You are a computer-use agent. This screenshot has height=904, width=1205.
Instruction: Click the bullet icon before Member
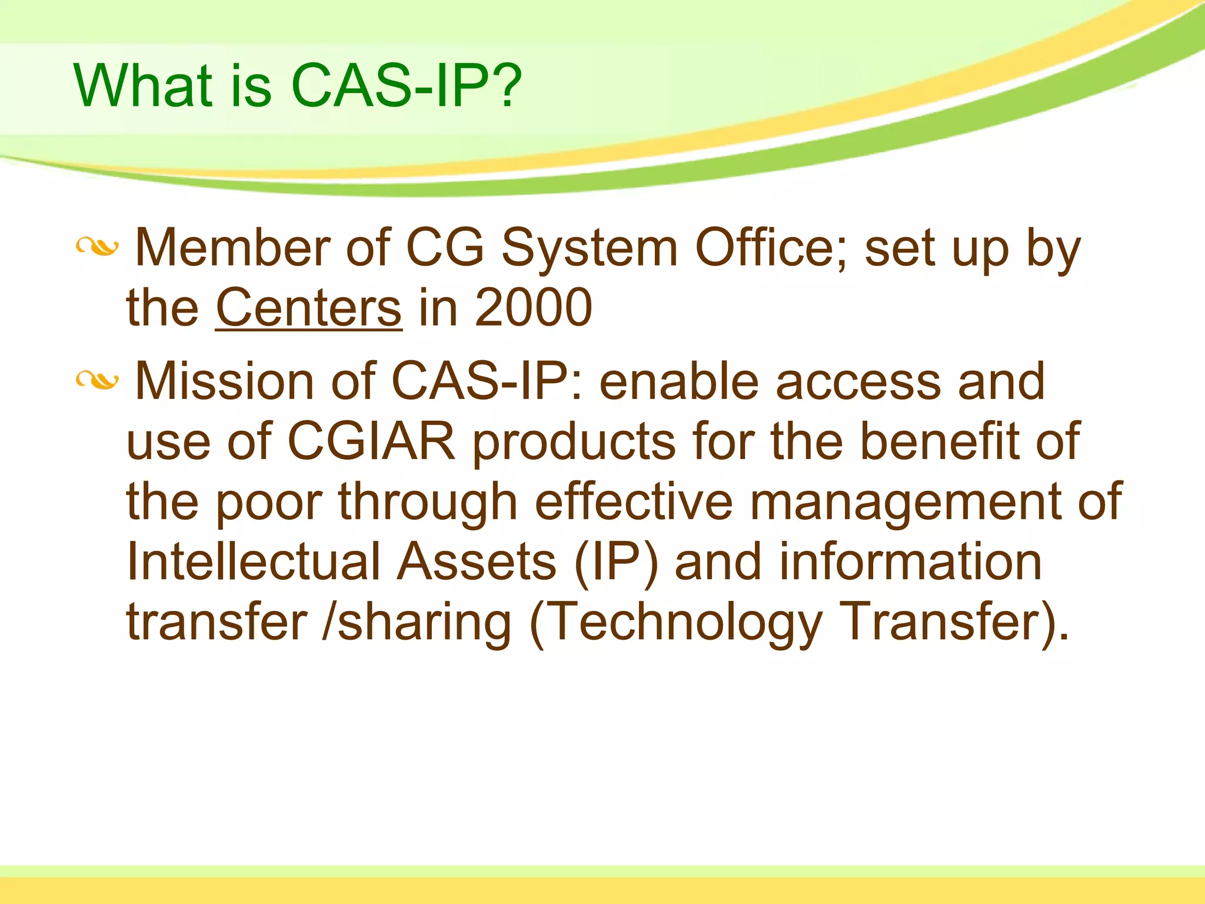pos(97,248)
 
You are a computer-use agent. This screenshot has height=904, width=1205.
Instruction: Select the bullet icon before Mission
pos(97,381)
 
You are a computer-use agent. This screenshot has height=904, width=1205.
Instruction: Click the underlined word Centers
pos(309,307)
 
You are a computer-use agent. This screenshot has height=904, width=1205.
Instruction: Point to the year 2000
pos(533,307)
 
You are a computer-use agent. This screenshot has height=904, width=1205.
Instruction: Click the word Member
pos(232,248)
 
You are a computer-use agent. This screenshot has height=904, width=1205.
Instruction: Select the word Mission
pos(224,381)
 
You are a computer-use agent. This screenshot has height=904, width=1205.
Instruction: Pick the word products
pos(574,442)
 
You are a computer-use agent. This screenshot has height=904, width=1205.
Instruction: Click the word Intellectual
pos(254,561)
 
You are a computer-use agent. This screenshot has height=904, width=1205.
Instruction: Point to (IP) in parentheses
pos(615,563)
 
